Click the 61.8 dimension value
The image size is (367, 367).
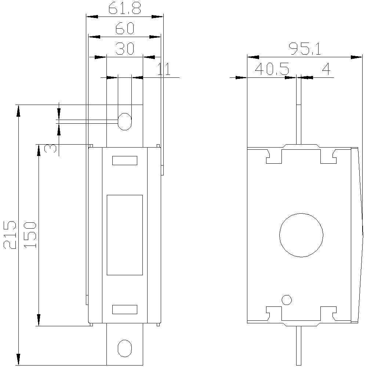click(x=125, y=9)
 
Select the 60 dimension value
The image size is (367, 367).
click(x=125, y=29)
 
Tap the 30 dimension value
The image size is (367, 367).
click(x=125, y=49)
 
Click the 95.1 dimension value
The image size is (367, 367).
click(x=304, y=49)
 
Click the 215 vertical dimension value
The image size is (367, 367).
click(x=10, y=235)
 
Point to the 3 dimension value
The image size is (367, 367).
click(x=51, y=148)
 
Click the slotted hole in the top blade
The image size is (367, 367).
click(x=125, y=121)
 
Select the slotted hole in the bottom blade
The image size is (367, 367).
click(x=124, y=348)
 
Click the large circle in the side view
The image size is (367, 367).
click(x=301, y=235)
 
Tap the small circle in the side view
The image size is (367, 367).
click(x=287, y=300)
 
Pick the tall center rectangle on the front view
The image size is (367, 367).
click(x=124, y=235)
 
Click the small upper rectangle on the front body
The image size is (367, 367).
click(x=124, y=160)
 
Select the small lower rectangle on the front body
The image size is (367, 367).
click(x=124, y=309)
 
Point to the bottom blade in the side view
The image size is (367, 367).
click(x=298, y=345)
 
